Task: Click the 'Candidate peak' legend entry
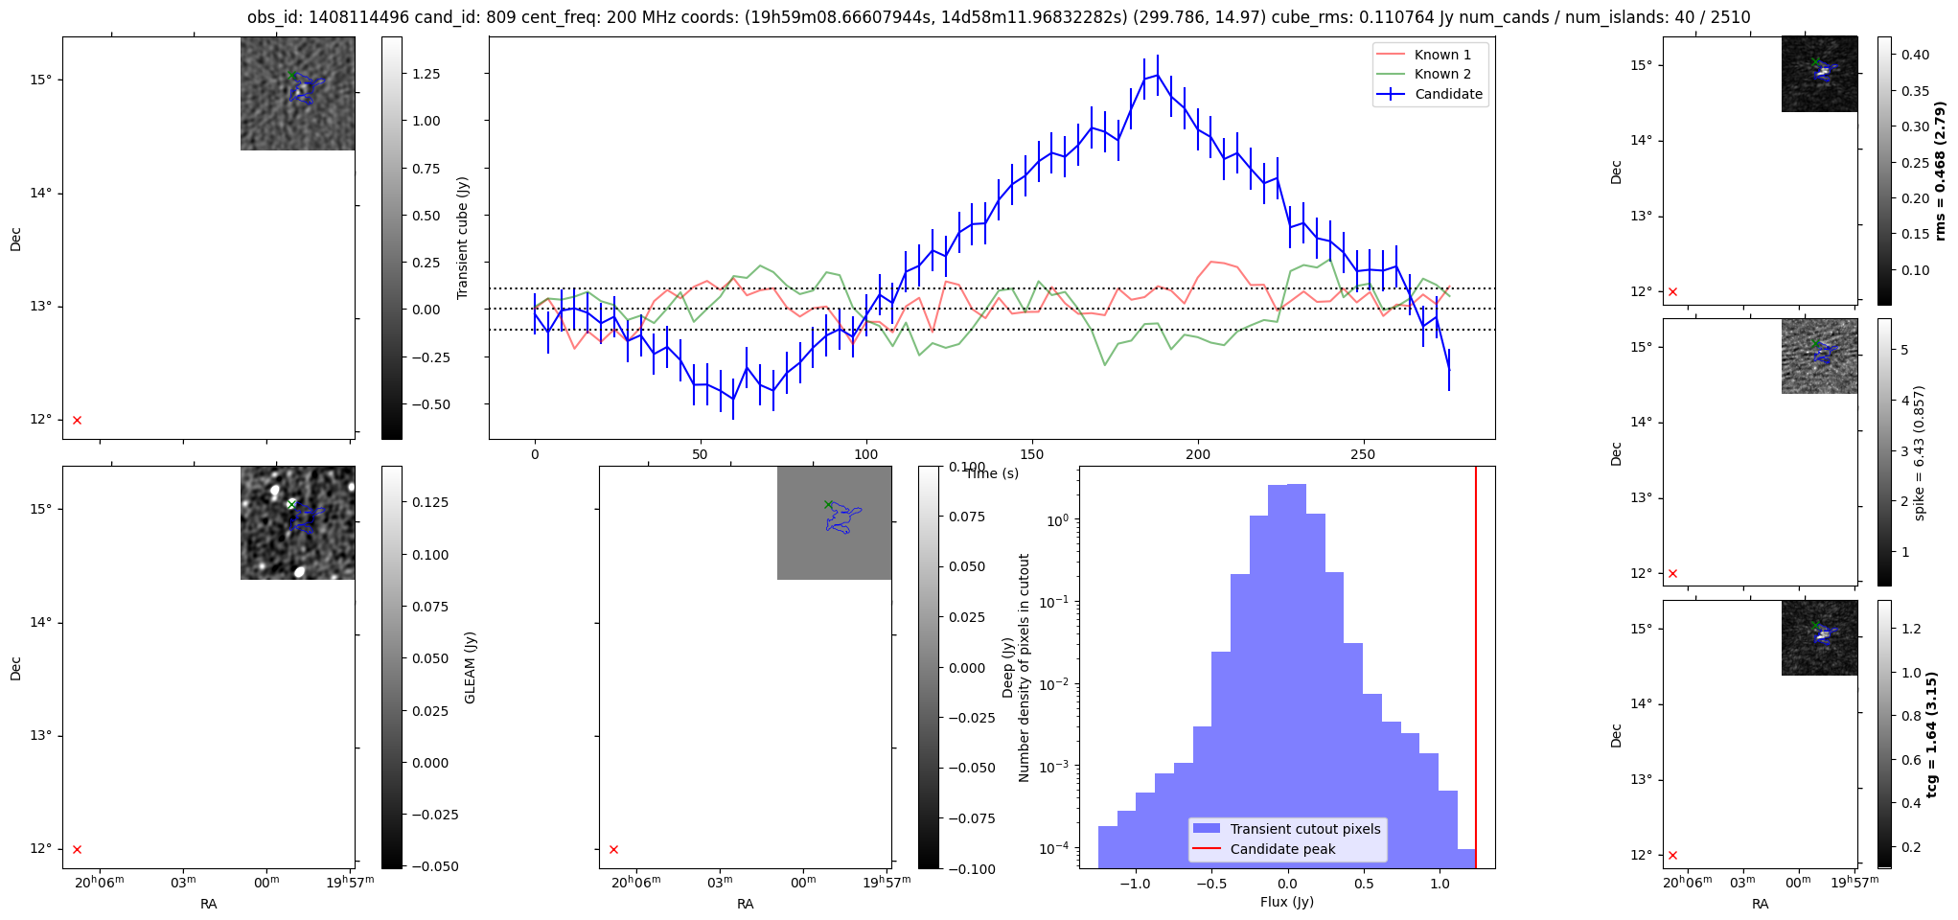tap(1282, 849)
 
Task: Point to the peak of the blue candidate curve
tap(1158, 74)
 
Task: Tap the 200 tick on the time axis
tap(1198, 454)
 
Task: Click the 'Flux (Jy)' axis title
tap(1286, 902)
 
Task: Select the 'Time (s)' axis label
tap(992, 473)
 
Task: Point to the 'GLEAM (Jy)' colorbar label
tap(470, 667)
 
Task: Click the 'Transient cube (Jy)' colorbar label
tap(463, 238)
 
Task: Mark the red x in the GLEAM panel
tap(78, 849)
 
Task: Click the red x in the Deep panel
tap(614, 849)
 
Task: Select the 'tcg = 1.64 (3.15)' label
tap(1932, 734)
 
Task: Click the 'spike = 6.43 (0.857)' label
tap(1919, 452)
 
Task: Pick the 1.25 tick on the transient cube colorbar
tap(426, 74)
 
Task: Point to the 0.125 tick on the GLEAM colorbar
tap(430, 502)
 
